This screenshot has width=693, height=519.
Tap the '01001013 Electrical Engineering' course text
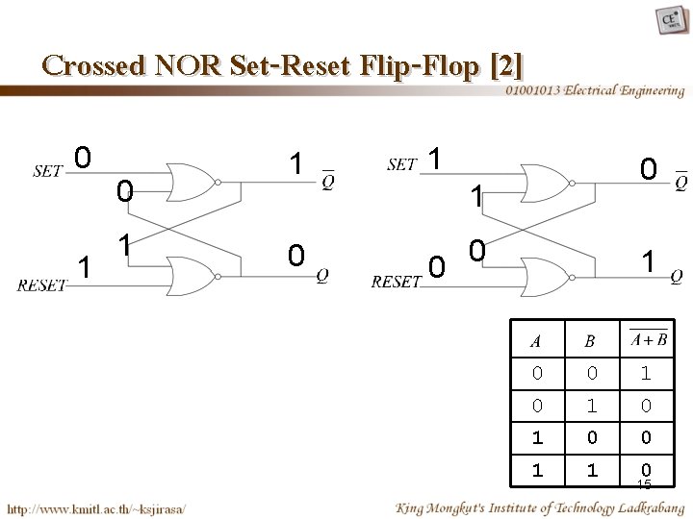tap(595, 91)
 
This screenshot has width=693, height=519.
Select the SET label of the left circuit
tap(47, 171)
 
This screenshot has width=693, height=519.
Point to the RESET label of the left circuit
tap(42, 284)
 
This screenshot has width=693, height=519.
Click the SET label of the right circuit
tap(401, 165)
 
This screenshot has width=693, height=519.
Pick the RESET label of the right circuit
tap(397, 282)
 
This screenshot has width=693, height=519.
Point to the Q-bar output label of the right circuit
tap(680, 180)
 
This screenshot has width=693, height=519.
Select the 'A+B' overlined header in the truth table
tap(648, 338)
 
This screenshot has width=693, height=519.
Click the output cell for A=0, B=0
tap(647, 372)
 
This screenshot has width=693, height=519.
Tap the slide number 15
tap(644, 484)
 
